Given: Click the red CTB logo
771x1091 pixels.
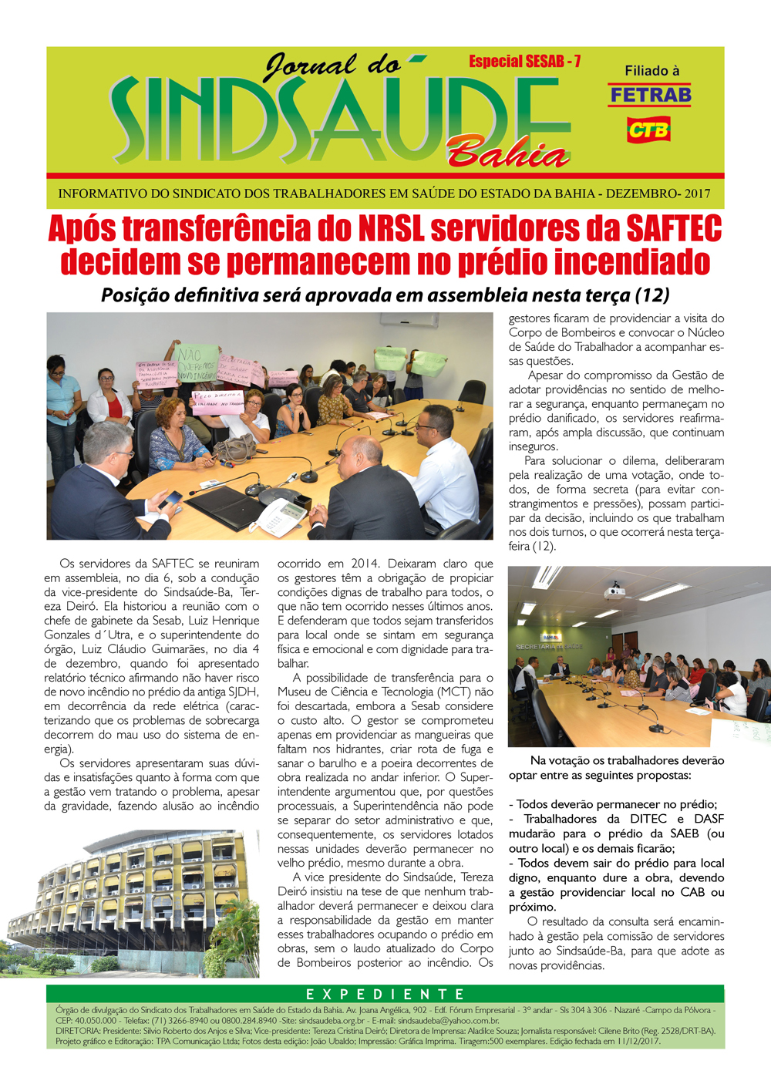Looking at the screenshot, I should pos(648,130).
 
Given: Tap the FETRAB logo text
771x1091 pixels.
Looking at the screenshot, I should pos(650,96).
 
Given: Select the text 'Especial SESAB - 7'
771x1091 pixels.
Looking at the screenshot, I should pos(524,62).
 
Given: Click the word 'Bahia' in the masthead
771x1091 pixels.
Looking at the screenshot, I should pos(509,153).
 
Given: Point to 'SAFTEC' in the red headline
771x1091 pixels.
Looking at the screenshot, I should pos(673,229).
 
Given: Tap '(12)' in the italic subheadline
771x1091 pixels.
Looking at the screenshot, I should pos(651,295).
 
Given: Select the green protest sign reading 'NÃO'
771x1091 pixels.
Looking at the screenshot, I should pos(197,362).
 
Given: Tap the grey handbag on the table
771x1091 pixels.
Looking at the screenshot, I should pos(234,448).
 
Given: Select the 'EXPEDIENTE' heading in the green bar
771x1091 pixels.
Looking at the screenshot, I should pos(385,994).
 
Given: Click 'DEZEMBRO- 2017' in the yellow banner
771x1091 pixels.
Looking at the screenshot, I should pos(658,194).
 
